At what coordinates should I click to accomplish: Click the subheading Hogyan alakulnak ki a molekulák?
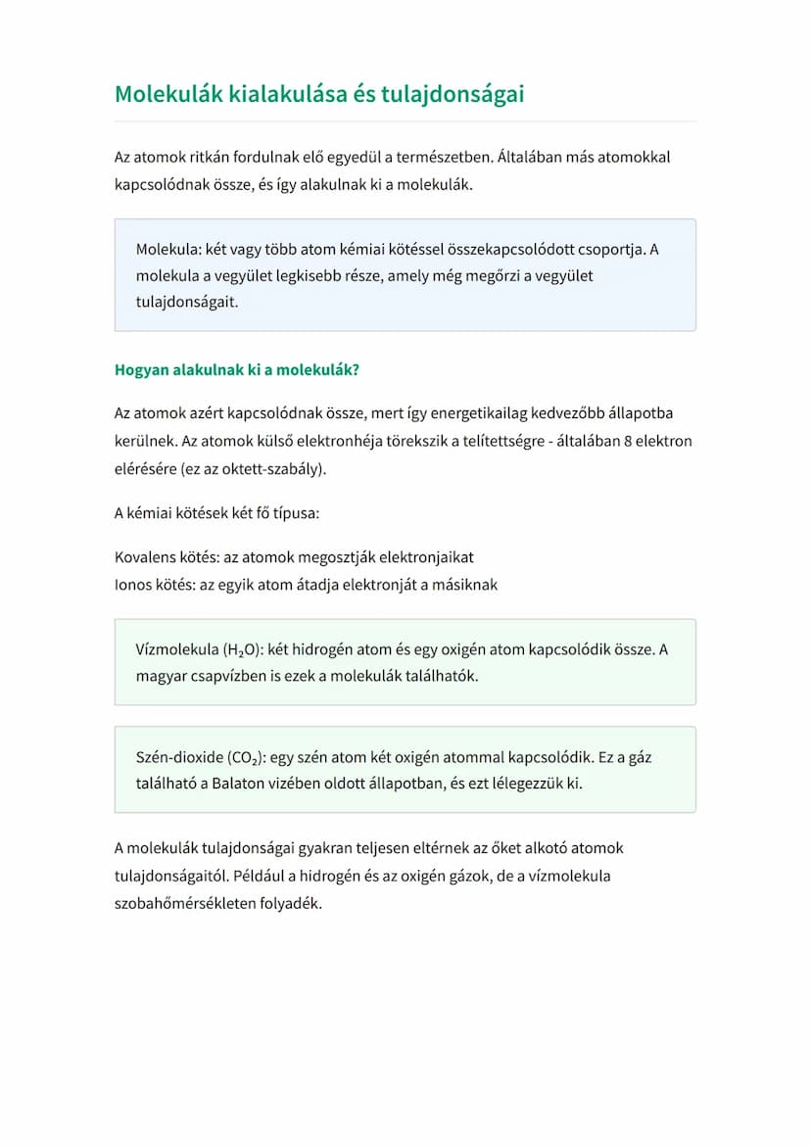click(237, 370)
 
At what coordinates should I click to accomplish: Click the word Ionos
click(134, 585)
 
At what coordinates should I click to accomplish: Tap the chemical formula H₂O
click(238, 649)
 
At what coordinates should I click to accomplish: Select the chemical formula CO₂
click(243, 757)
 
